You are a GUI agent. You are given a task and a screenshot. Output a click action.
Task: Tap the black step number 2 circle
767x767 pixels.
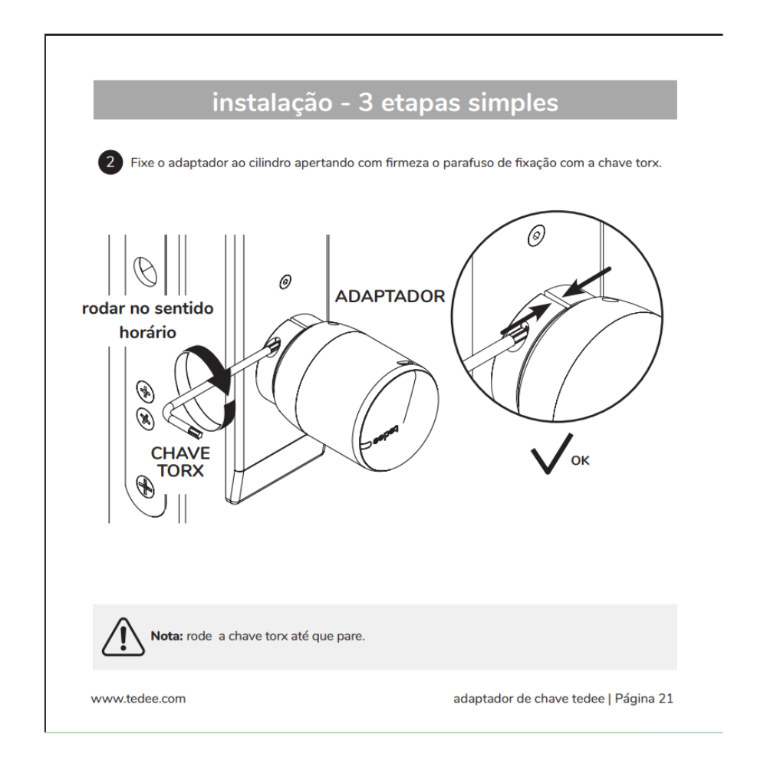pos(112,163)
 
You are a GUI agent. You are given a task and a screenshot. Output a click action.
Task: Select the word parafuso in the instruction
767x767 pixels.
pos(426,163)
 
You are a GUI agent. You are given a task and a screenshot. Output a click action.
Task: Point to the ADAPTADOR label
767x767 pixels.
pos(390,297)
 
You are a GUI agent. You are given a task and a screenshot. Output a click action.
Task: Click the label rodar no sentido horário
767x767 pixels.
pos(148,321)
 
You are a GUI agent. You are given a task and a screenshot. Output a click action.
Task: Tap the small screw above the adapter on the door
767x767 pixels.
pos(285,281)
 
